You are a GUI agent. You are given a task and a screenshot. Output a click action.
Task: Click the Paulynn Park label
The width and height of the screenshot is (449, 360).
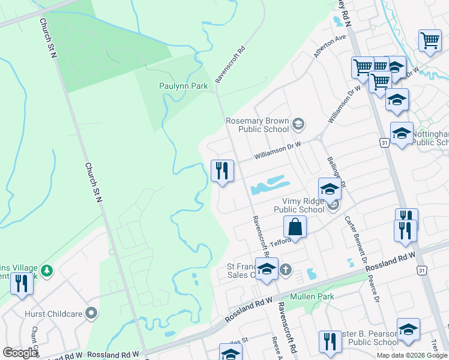coord(183,86)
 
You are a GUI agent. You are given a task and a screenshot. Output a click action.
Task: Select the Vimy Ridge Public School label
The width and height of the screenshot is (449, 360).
coord(299,206)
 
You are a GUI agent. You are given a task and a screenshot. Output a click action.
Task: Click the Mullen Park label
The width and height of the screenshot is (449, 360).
coord(312,296)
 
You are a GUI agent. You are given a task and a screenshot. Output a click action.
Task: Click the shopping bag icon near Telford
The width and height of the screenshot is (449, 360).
coord(295,227)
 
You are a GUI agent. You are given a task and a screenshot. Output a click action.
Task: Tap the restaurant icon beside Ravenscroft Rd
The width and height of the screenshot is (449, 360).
coord(222,171)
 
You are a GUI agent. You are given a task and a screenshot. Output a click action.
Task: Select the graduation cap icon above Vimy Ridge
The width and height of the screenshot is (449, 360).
coord(330,190)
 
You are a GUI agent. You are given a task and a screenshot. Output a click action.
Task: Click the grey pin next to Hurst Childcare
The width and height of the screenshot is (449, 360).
coord(91,313)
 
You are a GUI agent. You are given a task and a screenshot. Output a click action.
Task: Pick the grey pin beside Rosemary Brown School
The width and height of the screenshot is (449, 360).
coord(298,125)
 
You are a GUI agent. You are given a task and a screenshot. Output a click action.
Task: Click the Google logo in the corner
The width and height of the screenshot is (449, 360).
coord(20,352)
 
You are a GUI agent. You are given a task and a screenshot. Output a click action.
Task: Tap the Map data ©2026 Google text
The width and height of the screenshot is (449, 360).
coord(412,355)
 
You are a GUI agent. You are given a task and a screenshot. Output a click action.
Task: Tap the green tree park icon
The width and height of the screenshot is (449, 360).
coord(46,271)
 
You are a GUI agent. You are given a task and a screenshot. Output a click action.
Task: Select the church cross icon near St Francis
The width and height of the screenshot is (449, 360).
coord(285,269)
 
